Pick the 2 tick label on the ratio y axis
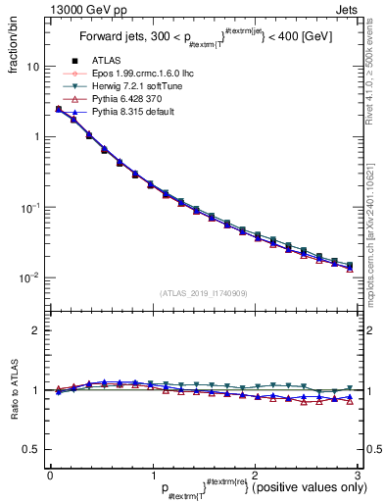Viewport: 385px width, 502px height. (35, 330)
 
